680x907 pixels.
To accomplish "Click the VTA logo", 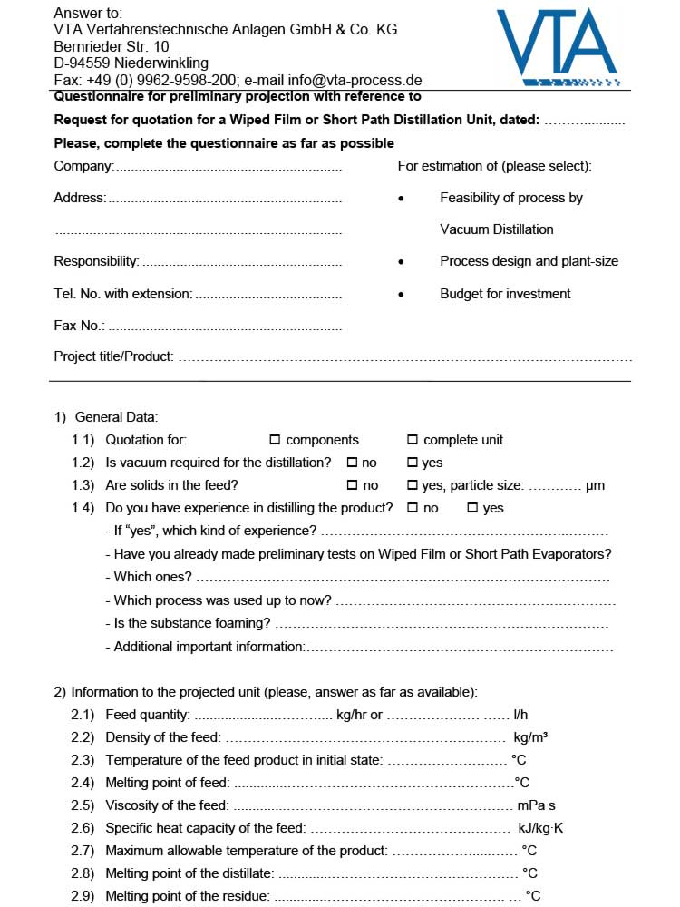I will pos(557,45).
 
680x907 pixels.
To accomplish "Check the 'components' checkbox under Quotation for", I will pos(276,440).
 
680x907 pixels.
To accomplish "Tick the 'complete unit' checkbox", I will pos(413,440).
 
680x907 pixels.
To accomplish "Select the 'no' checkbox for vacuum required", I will pos(352,463).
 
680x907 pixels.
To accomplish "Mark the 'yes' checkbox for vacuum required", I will pos(413,463).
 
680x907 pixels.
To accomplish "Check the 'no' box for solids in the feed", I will pos(352,485).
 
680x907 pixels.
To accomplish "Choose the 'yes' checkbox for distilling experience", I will pos(472,508).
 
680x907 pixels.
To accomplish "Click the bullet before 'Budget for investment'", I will pos(401,294).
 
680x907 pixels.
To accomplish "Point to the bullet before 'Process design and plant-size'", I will pos(401,261).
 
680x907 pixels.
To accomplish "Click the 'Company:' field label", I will pos(83,166).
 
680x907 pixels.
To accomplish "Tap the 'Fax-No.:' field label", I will pos(80,325).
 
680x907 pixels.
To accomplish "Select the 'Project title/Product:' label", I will pos(113,356).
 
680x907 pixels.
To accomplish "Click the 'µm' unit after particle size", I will pos(595,485).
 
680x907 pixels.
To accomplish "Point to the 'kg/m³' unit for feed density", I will pos(530,737).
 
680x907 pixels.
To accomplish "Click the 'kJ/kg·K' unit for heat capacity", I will pos(541,828).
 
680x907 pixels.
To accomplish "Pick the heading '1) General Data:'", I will pos(106,417).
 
